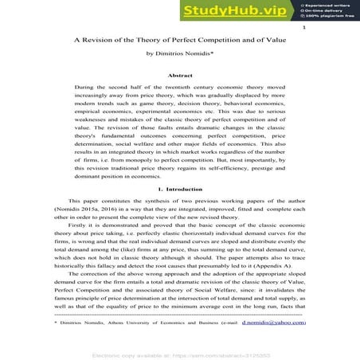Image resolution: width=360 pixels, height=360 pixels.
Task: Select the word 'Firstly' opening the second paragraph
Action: click(77, 227)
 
